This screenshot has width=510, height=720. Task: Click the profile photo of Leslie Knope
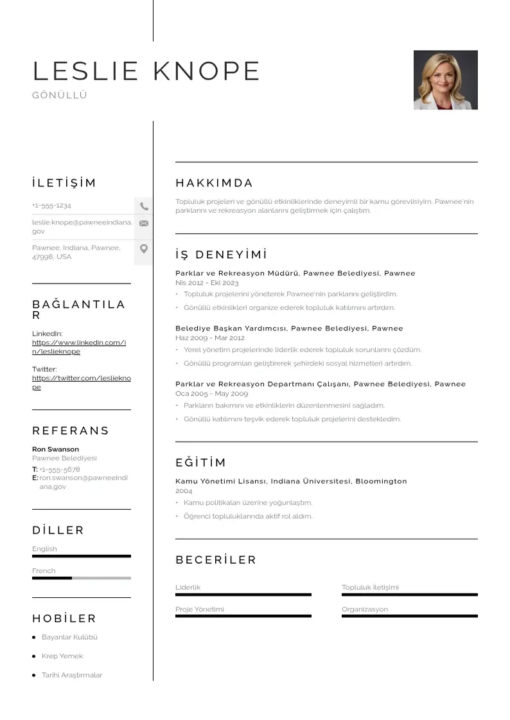tap(445, 80)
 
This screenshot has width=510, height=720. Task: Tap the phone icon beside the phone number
tap(144, 206)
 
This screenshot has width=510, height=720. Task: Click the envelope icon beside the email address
tap(144, 224)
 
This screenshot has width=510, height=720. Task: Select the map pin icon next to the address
tap(144, 249)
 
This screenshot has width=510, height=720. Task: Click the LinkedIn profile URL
tap(78, 347)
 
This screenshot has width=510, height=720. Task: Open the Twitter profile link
tap(81, 382)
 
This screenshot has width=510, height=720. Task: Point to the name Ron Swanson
tap(56, 449)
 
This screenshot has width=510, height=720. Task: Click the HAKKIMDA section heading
tap(214, 183)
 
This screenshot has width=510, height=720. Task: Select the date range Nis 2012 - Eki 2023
tap(207, 283)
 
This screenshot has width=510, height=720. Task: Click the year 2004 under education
tap(184, 491)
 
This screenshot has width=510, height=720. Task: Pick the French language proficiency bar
tap(81, 578)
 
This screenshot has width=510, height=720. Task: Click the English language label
tap(44, 549)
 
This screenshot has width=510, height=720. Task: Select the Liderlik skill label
tap(188, 588)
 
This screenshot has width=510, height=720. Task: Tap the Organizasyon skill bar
tap(409, 616)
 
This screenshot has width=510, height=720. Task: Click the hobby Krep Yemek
tap(62, 656)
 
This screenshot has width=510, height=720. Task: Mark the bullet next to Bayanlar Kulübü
tap(34, 638)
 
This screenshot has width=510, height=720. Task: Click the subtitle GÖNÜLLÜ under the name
tap(60, 95)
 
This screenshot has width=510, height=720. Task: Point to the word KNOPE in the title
tap(206, 71)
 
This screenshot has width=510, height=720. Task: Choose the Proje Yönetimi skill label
tap(200, 609)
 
